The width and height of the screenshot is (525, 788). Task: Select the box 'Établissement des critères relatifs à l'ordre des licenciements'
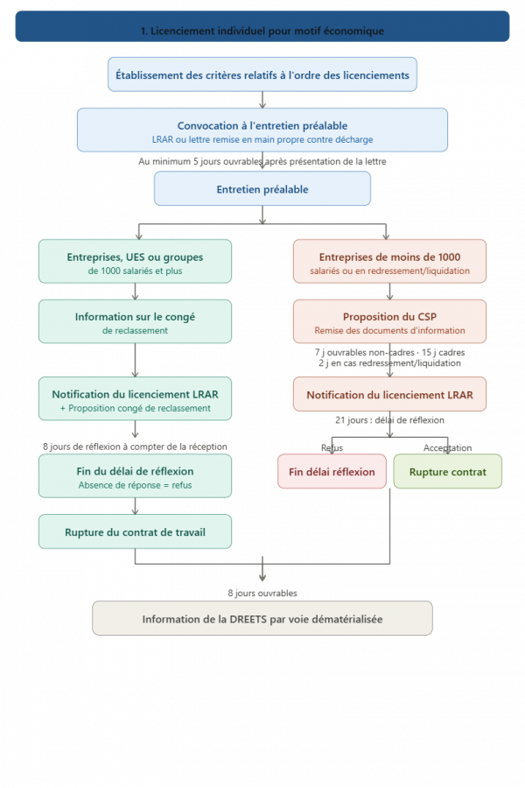pyautogui.click(x=262, y=75)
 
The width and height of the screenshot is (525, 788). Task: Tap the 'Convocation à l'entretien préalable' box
pyautogui.click(x=262, y=130)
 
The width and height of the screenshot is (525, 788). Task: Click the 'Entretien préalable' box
pyautogui.click(x=262, y=189)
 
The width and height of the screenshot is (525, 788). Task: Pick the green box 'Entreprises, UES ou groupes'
pyautogui.click(x=136, y=261)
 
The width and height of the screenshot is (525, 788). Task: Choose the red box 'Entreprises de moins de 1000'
pyautogui.click(x=389, y=261)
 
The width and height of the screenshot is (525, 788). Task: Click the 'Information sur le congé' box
pyautogui.click(x=136, y=321)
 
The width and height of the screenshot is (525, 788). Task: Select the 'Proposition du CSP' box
pyautogui.click(x=389, y=321)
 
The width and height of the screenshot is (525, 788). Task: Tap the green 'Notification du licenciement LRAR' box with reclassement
pyautogui.click(x=136, y=399)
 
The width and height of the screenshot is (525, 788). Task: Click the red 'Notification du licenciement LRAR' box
pyautogui.click(x=389, y=395)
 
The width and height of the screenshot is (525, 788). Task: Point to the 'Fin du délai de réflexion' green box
pyautogui.click(x=136, y=475)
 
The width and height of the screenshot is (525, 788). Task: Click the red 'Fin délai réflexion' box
pyautogui.click(x=332, y=472)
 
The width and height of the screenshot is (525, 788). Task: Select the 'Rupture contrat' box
pyautogui.click(x=448, y=472)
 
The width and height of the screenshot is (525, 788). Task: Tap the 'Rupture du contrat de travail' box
pyautogui.click(x=136, y=531)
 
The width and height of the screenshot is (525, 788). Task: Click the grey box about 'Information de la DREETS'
pyautogui.click(x=262, y=618)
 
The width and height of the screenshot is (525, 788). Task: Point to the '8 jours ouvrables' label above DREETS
pyautogui.click(x=262, y=593)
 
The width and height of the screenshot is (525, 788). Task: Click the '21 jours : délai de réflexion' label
pyautogui.click(x=389, y=419)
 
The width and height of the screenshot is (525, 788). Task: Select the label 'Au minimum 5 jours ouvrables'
pyautogui.click(x=262, y=161)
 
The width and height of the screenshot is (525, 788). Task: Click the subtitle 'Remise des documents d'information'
pyautogui.click(x=389, y=331)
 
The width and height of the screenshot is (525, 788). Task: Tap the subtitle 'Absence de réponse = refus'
pyautogui.click(x=136, y=485)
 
